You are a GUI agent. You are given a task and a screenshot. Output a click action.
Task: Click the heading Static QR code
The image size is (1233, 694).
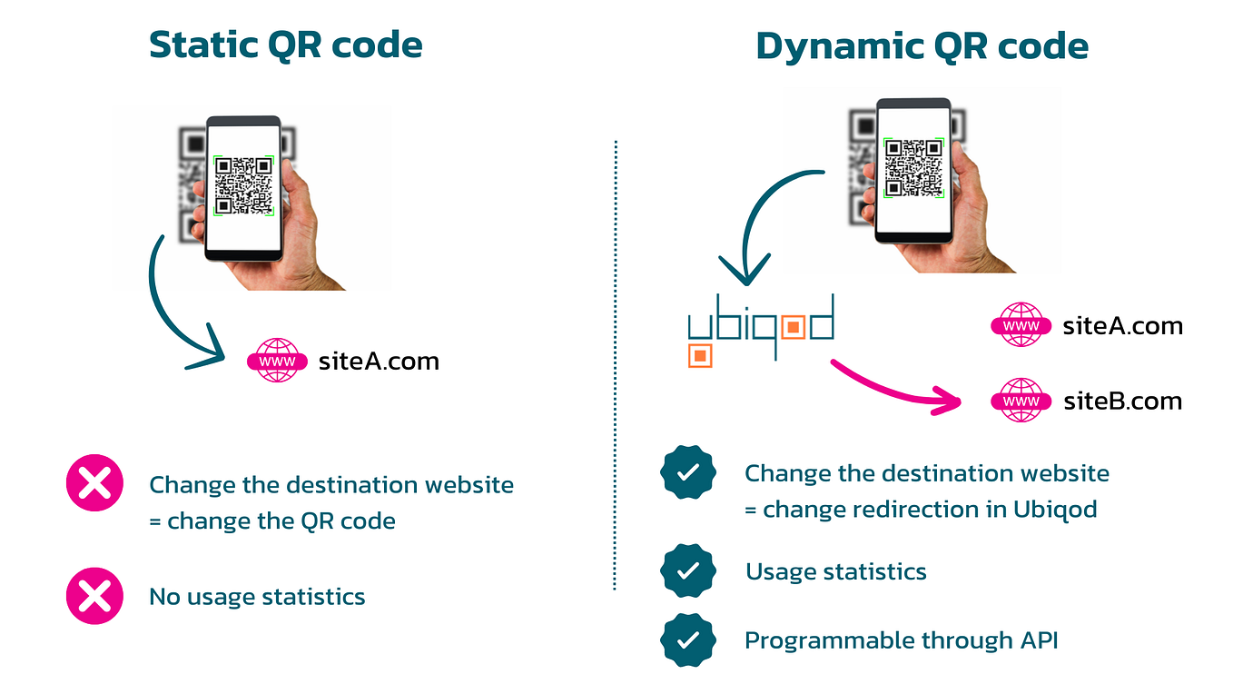pos(286,45)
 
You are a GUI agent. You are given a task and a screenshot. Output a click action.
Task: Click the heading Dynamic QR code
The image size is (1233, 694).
pos(922,46)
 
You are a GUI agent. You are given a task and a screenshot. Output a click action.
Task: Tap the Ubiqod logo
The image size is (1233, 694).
pos(759,328)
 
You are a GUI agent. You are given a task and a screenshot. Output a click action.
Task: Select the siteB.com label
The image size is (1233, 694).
pos(1122,401)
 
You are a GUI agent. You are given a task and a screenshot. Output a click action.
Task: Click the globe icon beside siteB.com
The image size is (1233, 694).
pos(1021,401)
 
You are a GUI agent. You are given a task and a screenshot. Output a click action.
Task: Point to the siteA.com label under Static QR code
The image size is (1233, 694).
pos(379,362)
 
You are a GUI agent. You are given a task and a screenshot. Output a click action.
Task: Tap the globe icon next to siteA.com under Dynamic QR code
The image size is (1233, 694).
pos(1021,326)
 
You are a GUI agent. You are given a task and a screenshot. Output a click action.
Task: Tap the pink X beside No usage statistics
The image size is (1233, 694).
pos(94,597)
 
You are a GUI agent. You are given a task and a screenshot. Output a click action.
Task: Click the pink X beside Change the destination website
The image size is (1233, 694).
pos(94,484)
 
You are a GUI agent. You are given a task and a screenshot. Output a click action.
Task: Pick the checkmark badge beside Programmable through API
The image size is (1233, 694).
pos(688,640)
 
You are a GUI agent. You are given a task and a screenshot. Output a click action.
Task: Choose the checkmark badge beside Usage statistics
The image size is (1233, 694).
pos(688,571)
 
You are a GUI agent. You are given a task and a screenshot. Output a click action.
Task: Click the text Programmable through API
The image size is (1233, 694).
pos(901,640)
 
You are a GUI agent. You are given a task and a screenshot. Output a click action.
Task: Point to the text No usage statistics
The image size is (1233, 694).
pos(257,597)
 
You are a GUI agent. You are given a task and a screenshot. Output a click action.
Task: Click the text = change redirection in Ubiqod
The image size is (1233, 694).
pos(921,510)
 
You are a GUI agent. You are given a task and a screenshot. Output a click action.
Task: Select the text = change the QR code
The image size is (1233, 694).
pos(272,521)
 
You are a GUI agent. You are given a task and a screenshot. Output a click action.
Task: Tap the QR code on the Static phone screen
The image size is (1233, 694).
pos(243,186)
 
